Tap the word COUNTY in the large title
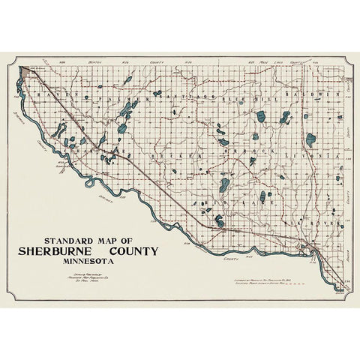click(131, 251)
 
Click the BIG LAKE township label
click(255, 202)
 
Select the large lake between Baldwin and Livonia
click(310, 139)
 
